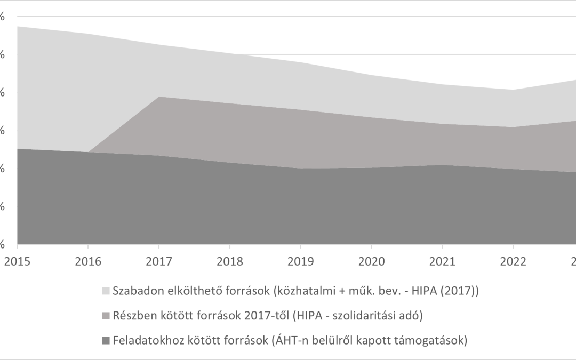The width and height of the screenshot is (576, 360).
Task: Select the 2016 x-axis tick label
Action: tap(88, 261)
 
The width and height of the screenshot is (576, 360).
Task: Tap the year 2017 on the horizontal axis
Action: tap(158, 261)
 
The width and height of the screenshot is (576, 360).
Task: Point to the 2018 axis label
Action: tap(229, 261)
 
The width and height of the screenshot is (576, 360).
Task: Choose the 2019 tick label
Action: tap(300, 261)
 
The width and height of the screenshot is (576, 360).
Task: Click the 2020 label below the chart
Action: tap(371, 261)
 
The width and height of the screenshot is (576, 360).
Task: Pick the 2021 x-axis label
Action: tap(442, 261)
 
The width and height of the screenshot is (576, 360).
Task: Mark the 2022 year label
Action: tap(513, 261)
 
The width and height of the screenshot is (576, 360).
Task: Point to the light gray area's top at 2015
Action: tap(18, 26)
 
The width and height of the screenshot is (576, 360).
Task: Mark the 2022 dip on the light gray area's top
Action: tap(513, 90)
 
